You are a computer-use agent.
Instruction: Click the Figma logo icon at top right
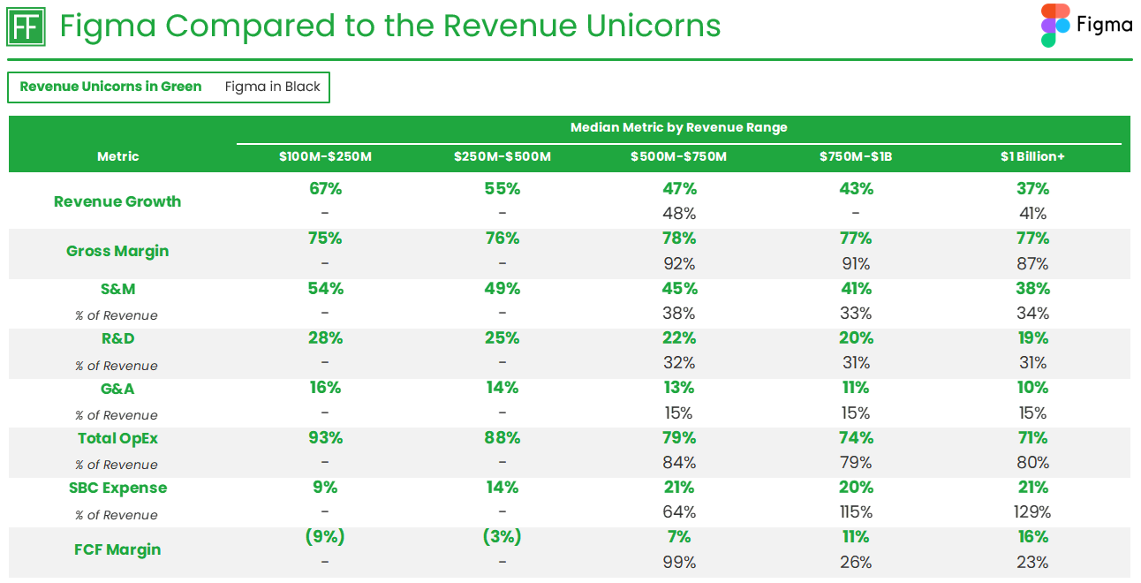pyautogui.click(x=1055, y=26)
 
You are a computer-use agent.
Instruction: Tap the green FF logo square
pyautogui.click(x=26, y=26)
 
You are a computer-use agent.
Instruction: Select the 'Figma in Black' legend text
pyautogui.click(x=272, y=87)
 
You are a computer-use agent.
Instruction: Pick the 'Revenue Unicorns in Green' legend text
pyautogui.click(x=110, y=87)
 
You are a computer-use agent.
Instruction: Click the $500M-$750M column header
pyautogui.click(x=678, y=156)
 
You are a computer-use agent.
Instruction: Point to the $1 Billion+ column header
pyautogui.click(x=1031, y=156)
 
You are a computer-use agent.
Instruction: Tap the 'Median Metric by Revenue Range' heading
pyautogui.click(x=678, y=127)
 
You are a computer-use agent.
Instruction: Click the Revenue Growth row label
pyautogui.click(x=117, y=201)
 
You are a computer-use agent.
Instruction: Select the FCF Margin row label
pyautogui.click(x=117, y=549)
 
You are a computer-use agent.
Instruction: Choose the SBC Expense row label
pyautogui.click(x=117, y=488)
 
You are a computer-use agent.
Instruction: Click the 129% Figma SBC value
pyautogui.click(x=1031, y=512)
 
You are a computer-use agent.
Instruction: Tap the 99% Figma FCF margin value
pyautogui.click(x=678, y=563)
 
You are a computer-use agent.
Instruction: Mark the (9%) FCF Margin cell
pyautogui.click(x=325, y=537)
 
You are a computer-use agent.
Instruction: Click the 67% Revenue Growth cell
pyautogui.click(x=325, y=189)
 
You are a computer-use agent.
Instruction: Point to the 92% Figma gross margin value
pyautogui.click(x=678, y=263)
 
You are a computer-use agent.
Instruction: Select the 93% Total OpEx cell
pyautogui.click(x=325, y=438)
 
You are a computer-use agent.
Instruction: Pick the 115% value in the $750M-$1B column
pyautogui.click(x=855, y=512)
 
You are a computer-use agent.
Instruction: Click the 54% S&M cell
pyautogui.click(x=325, y=289)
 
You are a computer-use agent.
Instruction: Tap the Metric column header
pyautogui.click(x=117, y=156)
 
